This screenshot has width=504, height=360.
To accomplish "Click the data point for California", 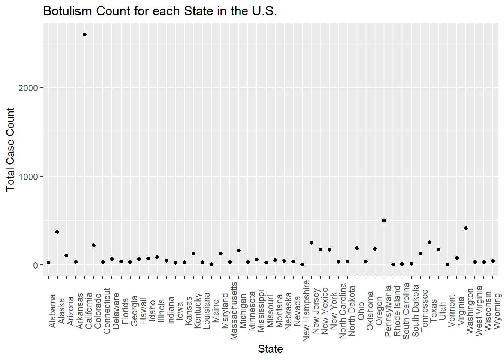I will pyautogui.click(x=85, y=34).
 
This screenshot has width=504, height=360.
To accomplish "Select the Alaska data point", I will pyautogui.click(x=57, y=232).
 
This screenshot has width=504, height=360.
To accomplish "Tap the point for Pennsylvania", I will pyautogui.click(x=384, y=220).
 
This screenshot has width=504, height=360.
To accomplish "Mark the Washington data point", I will pyautogui.click(x=466, y=228).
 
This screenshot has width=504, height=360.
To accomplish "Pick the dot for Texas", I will pyautogui.click(x=429, y=242).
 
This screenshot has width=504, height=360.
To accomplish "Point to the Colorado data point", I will pyautogui.click(x=94, y=245).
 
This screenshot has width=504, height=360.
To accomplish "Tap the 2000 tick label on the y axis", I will pyautogui.click(x=28, y=88).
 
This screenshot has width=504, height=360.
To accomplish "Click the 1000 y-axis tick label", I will pyautogui.click(x=28, y=177).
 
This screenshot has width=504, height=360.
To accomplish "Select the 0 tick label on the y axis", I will pyautogui.click(x=36, y=265).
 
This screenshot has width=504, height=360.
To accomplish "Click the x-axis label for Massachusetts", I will pyautogui.click(x=234, y=311).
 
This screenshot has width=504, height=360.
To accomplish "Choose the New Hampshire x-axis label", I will pyautogui.click(x=306, y=310).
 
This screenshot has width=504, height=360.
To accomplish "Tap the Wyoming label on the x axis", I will pyautogui.click(x=497, y=311).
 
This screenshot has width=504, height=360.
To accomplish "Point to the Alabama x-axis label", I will pyautogui.click(x=52, y=311).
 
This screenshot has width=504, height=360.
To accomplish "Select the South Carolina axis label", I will pyautogui.click(x=406, y=311).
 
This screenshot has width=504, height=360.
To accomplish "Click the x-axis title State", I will pyautogui.click(x=270, y=349).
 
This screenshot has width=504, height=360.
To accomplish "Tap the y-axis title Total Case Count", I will pyautogui.click(x=10, y=149).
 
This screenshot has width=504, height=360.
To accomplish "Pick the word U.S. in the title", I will pyautogui.click(x=264, y=11).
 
